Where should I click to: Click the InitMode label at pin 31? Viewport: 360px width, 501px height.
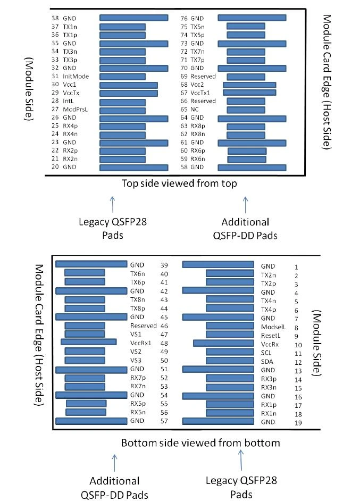pos(76,77)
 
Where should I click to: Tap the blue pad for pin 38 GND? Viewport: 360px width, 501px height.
pos(134,18)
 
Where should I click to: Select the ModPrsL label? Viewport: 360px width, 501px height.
pos(75,109)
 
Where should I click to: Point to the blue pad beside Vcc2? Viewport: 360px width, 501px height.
pos(249,85)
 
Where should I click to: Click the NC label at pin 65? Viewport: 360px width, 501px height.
pos(195,109)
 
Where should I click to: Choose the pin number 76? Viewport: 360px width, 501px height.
pos(183,19)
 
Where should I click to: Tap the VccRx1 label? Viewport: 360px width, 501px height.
pos(140,343)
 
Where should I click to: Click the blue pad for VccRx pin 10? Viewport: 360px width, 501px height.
pos(223,343)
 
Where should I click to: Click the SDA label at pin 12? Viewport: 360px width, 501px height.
pos(267,361)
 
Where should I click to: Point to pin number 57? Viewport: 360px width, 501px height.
pos(164,421)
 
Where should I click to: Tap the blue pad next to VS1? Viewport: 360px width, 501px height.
pos(85,334)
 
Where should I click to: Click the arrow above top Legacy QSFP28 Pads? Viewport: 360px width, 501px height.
pos(112,204)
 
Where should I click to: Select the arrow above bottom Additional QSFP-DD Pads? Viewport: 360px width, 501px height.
pos(114,463)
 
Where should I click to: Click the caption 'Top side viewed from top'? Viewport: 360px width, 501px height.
pos(179,183)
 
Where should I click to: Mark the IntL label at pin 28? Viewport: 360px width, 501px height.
pos(69,101)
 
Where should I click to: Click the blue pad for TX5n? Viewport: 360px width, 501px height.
pos(246,26)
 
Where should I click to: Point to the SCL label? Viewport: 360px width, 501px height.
pos(266,353)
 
